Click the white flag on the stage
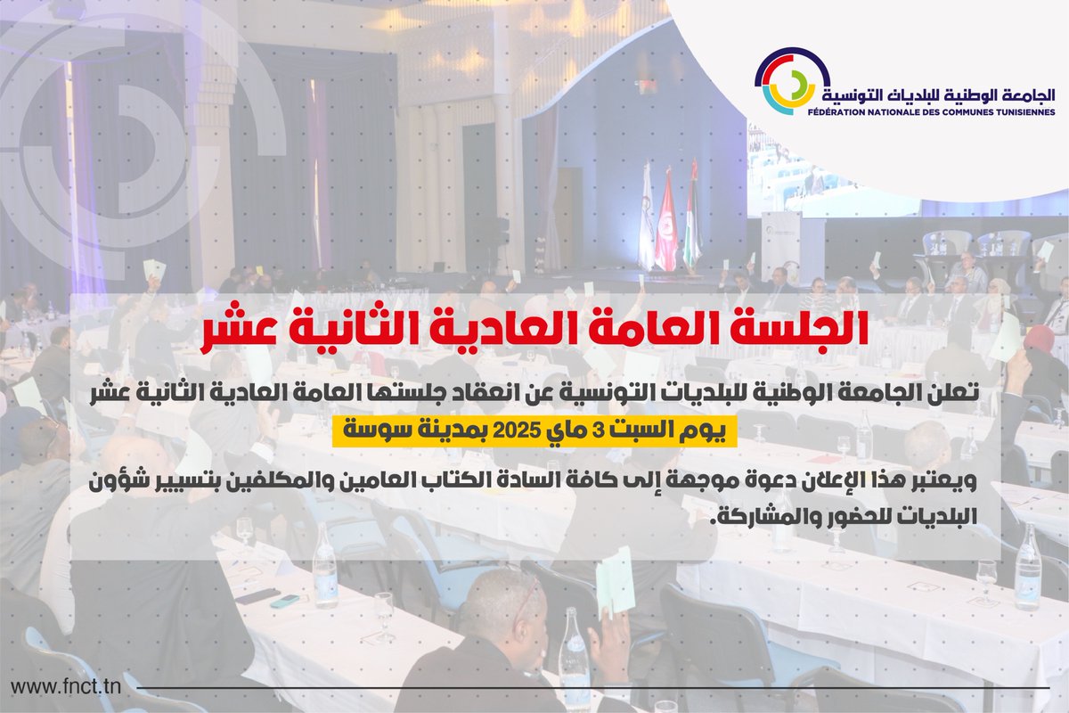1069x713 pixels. (x=647, y=227)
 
